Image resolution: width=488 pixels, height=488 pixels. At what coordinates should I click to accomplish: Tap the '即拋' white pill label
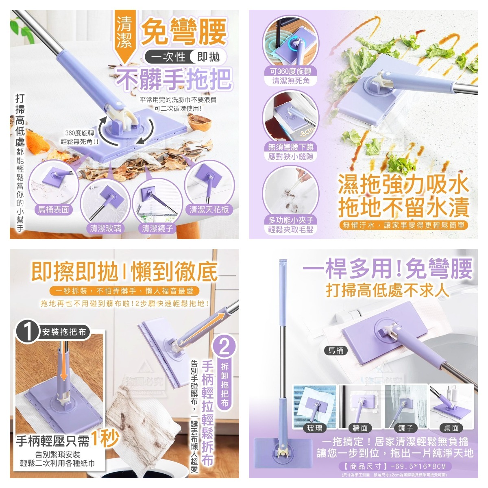tap(208, 57)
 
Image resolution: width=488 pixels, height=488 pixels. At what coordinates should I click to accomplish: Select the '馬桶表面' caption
tap(54, 209)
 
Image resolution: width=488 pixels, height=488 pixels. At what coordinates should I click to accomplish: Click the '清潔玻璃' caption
tap(106, 228)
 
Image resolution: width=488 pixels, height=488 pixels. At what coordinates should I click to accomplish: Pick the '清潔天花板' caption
tap(209, 209)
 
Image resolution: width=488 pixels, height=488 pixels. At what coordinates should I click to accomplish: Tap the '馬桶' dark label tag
tap(336, 350)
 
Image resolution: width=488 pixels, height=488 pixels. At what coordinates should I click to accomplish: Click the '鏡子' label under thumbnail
tap(405, 428)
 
